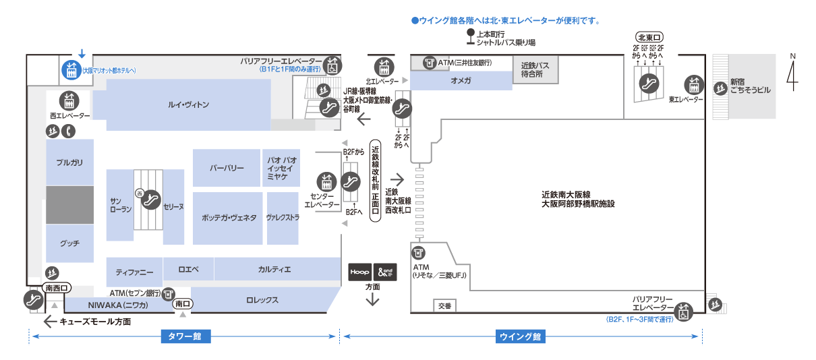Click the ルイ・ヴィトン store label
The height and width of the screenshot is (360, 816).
tap(189, 105)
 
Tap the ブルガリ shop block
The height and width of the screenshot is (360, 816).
tap(69, 162)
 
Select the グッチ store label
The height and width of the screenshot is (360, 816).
tap(69, 243)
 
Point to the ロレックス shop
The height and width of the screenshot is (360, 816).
tap(262, 301)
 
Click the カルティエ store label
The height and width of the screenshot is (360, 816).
tap(274, 270)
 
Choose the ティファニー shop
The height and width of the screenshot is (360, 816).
tap(134, 272)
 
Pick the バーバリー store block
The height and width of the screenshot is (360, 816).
tap(227, 168)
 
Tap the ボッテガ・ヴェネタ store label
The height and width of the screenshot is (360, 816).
tap(229, 218)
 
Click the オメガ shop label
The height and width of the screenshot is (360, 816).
tap(461, 80)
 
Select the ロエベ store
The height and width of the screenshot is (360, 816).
tap(188, 269)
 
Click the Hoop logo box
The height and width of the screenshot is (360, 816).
tap(359, 272)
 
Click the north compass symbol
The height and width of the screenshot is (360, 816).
tap(793, 71)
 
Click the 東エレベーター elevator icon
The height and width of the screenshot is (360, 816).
tap(694, 84)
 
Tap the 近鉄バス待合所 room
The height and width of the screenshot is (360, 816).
tap(535, 70)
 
